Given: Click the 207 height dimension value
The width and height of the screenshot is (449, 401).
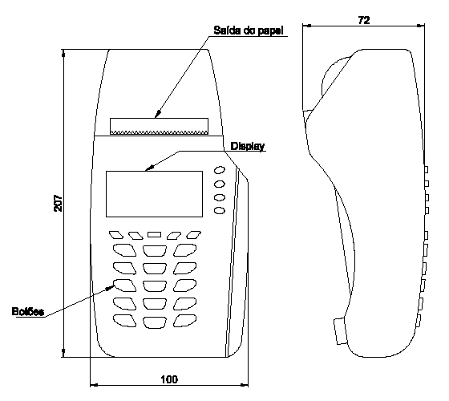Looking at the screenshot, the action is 58,203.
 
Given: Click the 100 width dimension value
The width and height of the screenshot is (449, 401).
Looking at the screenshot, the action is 169,379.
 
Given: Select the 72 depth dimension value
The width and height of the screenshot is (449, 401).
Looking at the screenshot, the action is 364,20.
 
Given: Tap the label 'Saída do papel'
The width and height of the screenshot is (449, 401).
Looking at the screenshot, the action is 249,30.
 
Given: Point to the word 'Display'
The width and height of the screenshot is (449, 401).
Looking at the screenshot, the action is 248,146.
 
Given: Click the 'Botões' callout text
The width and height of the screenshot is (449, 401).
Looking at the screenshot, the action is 28,311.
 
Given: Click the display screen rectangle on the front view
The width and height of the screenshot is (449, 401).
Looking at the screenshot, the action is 154,194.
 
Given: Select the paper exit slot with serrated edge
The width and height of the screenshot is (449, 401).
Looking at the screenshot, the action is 160,126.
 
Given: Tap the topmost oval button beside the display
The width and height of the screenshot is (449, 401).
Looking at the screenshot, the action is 220,170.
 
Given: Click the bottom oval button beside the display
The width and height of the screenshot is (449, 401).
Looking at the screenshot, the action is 220,211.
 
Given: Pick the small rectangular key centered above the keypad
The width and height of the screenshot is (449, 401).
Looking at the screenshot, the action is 154,234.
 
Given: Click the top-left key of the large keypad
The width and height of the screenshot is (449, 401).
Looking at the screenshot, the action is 124,250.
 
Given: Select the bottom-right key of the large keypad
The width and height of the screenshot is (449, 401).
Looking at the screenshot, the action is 185,321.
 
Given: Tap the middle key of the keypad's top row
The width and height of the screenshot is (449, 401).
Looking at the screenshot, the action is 155,250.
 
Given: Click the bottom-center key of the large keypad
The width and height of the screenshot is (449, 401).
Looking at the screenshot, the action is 155,322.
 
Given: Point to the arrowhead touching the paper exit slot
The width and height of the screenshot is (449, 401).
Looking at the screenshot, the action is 158,114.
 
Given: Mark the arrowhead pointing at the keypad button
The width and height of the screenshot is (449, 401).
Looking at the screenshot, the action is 110,288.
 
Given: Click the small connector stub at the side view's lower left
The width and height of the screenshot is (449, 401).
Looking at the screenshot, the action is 341,331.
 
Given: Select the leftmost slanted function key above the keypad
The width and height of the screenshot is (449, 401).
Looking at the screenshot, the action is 116,235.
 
